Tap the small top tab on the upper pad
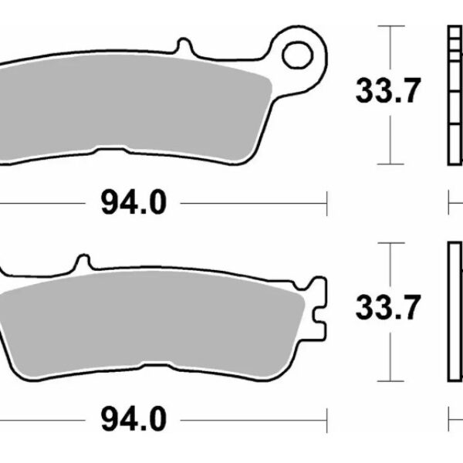point(184,46)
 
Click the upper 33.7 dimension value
point(389,92)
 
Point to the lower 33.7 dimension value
point(389,307)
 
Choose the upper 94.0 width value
point(133,204)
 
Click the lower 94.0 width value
point(133,420)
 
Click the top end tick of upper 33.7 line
point(393,26)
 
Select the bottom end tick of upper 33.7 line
point(393,164)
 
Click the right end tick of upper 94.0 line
point(328,204)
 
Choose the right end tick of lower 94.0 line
point(328,420)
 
